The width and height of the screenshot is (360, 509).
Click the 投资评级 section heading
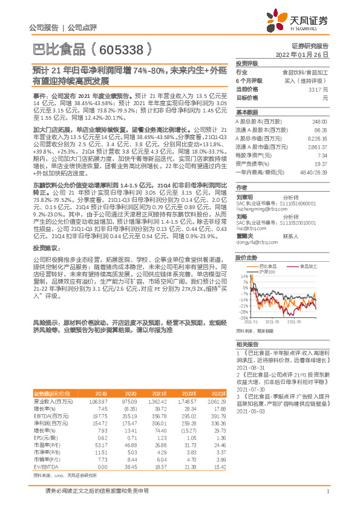(247, 63)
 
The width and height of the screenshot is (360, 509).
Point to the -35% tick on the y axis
(243, 317)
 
